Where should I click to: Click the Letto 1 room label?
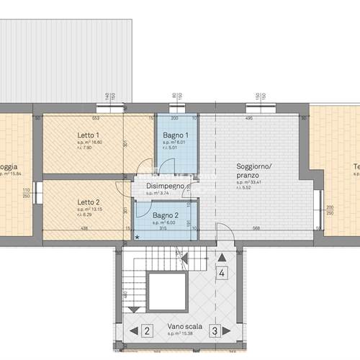(89, 135)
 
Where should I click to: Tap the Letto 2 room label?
(89, 202)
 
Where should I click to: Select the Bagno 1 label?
(176, 135)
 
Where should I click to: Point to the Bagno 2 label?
(166, 215)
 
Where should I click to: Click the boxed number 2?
(147, 331)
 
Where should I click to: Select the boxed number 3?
(215, 331)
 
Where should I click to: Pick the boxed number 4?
(222, 273)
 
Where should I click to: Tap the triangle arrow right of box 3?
(231, 331)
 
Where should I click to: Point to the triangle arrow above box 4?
(222, 256)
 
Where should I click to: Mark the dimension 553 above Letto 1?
(94, 118)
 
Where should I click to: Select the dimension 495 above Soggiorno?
(249, 118)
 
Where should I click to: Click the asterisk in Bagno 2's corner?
(138, 236)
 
